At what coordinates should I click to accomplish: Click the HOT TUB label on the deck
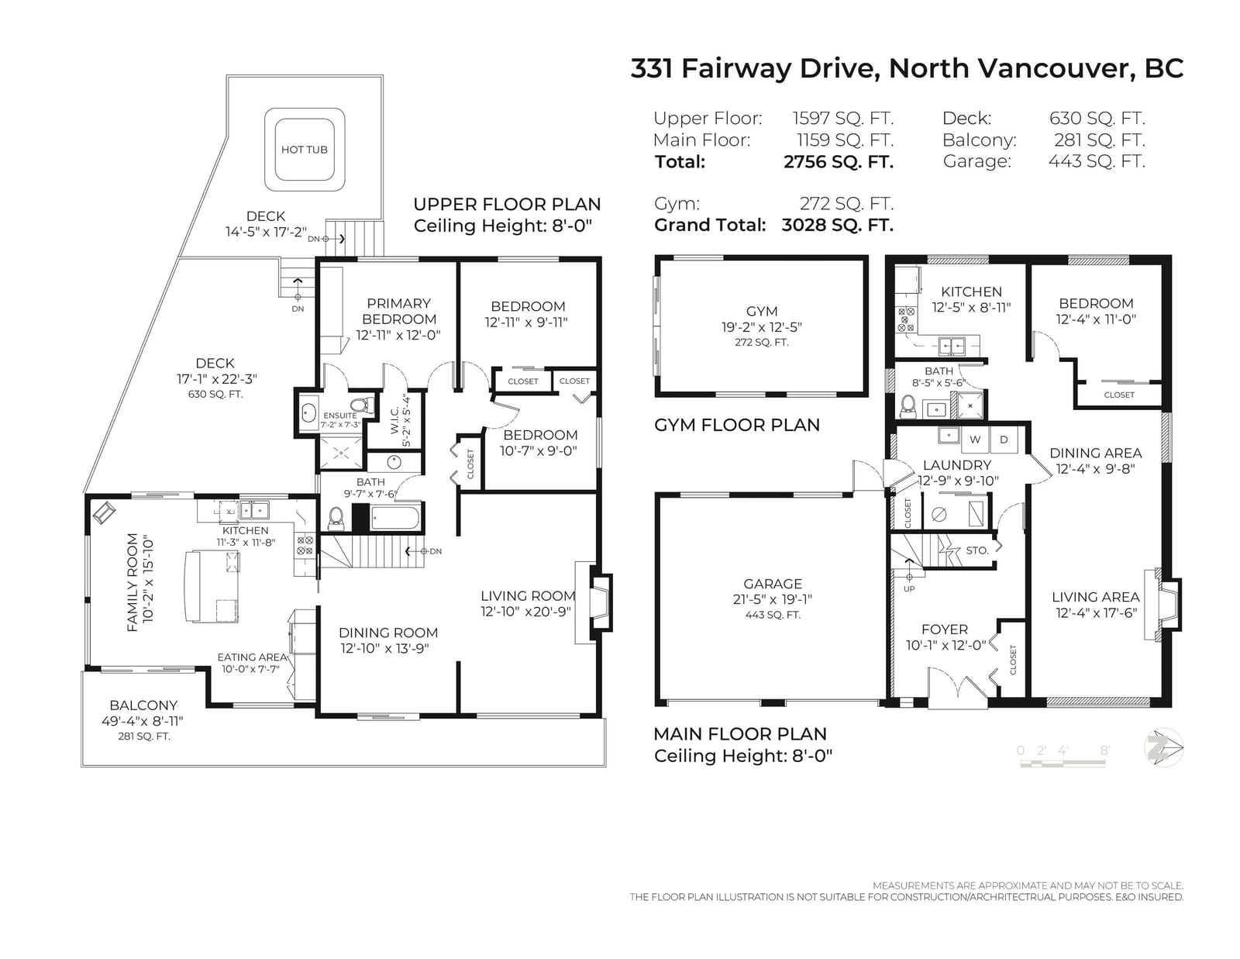[304, 150]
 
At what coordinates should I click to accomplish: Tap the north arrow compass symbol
[1163, 747]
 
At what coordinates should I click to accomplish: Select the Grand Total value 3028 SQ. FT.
[837, 225]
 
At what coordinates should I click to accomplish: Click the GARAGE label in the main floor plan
[773, 584]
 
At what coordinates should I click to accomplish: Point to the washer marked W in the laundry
[975, 439]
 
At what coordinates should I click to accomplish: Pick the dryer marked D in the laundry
[1004, 439]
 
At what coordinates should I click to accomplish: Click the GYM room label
[762, 311]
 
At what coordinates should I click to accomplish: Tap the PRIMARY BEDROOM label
[399, 311]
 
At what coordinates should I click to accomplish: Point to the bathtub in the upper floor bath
[395, 519]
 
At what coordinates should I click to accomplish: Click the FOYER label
[945, 629]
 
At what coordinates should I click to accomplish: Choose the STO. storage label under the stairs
[977, 550]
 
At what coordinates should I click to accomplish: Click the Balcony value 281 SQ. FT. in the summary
[1099, 140]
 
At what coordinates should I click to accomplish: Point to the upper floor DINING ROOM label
[388, 633]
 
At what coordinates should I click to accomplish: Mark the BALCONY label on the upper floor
[143, 705]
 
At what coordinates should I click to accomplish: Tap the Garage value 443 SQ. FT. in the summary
[1097, 161]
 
